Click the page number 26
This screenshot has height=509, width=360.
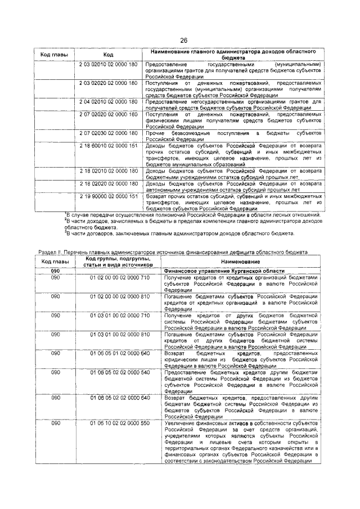183,40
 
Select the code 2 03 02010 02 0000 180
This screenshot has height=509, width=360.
109,65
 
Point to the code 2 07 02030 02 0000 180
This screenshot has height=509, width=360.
109,133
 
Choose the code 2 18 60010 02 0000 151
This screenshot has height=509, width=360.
109,145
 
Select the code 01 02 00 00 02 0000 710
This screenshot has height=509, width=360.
120,278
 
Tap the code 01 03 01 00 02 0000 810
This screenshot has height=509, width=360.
120,334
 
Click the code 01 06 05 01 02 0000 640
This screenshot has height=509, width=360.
120,353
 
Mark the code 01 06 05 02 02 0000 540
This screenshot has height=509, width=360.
120,372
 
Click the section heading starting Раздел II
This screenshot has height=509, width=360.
172,252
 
